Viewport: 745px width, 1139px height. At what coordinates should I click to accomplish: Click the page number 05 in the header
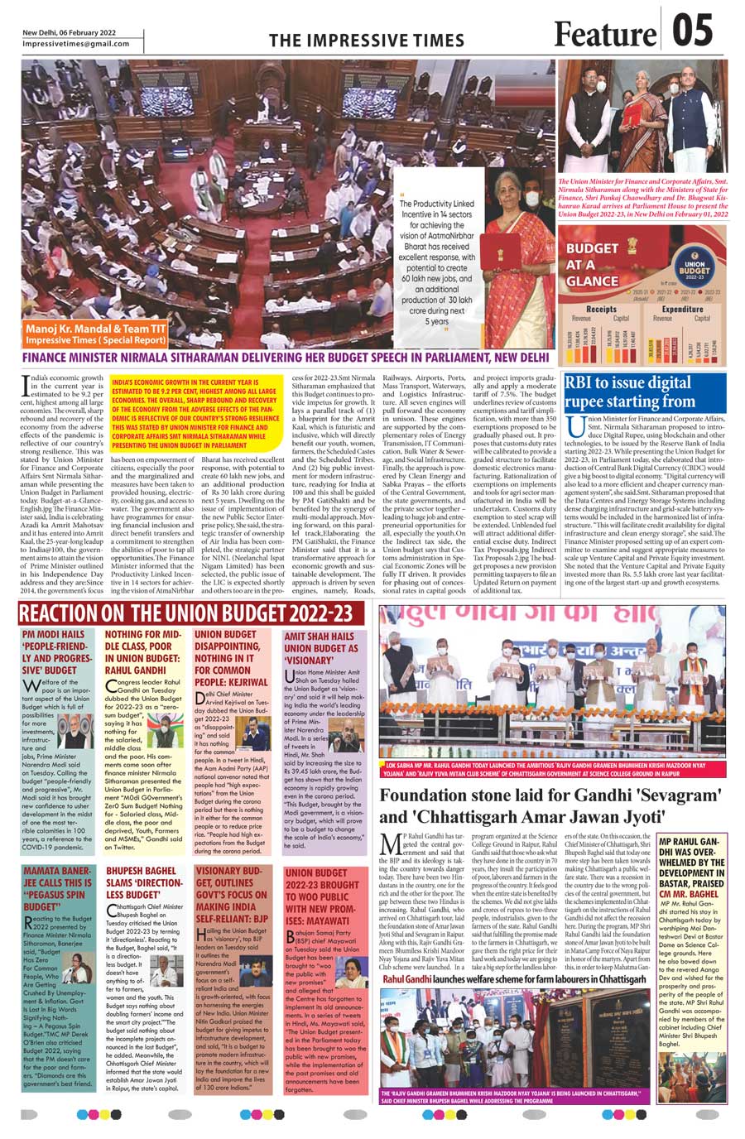coord(691,32)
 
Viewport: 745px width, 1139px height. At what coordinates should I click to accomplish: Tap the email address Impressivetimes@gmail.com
coord(76,44)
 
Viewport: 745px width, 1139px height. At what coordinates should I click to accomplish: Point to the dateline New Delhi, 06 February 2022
coord(70,32)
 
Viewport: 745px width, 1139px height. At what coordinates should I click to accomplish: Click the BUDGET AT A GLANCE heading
coord(593,264)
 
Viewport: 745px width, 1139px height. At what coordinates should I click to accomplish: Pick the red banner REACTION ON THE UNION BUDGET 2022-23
coord(191,613)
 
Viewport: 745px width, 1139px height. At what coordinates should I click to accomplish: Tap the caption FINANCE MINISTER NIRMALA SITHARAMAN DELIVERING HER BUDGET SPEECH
coord(286,358)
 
